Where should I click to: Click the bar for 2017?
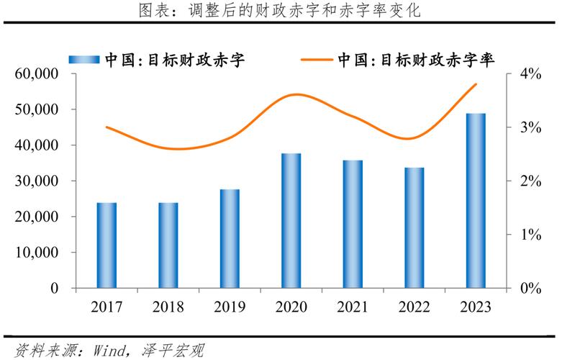tap(106, 245)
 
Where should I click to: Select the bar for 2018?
tap(168, 245)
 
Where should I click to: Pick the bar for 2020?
tap(291, 220)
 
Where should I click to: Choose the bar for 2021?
tap(353, 224)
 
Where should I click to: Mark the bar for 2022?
tap(414, 228)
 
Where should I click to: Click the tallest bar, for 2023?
tap(476, 200)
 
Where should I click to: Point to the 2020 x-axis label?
tap(291, 307)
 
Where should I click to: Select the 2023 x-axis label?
tap(475, 307)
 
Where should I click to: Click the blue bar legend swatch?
tap(85, 60)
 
